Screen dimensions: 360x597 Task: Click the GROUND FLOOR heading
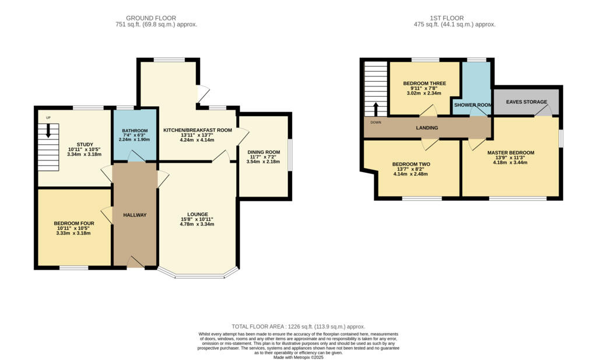pos(151,18)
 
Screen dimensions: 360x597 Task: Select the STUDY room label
pos(85,145)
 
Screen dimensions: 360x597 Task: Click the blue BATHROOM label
pos(135,130)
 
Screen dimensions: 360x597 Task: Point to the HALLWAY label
pos(135,215)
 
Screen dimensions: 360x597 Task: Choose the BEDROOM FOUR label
pos(74,223)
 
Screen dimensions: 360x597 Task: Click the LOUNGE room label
pos(198,214)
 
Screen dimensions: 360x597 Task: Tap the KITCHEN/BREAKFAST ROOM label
pos(198,130)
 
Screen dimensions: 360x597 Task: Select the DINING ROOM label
pos(264,152)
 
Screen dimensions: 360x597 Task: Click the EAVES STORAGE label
pos(526,102)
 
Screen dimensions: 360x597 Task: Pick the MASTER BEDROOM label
pos(511,153)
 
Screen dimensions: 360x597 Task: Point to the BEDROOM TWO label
pos(411,165)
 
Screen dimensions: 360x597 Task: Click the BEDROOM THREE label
pos(424,83)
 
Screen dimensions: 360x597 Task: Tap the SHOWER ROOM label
pos(473,105)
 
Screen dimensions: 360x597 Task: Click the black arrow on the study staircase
pos(48,132)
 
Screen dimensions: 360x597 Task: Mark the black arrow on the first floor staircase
pos(375,109)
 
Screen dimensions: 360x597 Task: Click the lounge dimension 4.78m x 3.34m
pos(198,225)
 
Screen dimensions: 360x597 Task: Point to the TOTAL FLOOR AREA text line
pos(298,327)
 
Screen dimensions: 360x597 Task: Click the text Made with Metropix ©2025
pos(298,357)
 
